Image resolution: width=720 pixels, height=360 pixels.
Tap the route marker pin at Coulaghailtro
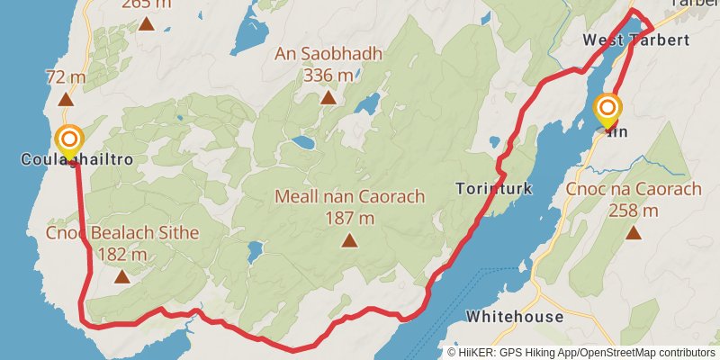69,140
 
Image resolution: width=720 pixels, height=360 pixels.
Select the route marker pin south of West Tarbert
607,111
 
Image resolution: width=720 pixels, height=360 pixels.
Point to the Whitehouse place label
515,317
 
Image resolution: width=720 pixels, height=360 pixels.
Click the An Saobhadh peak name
328,54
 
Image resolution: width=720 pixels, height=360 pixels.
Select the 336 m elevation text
328,75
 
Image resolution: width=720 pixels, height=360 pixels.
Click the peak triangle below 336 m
328,96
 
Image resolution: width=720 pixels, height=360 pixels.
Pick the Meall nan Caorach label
349,196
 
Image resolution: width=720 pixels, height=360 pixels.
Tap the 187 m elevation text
349,218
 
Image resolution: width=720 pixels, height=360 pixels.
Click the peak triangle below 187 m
349,239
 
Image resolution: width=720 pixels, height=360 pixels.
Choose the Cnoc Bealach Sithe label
122,234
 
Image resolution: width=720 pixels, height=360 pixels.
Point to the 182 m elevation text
122,255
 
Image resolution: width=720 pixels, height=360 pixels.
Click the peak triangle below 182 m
122,276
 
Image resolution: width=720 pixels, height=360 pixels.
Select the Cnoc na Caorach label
634,190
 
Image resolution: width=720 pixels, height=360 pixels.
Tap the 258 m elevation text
634,211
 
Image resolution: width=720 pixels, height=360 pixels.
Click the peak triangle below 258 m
634,233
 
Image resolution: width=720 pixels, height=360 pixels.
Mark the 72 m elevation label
66,77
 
